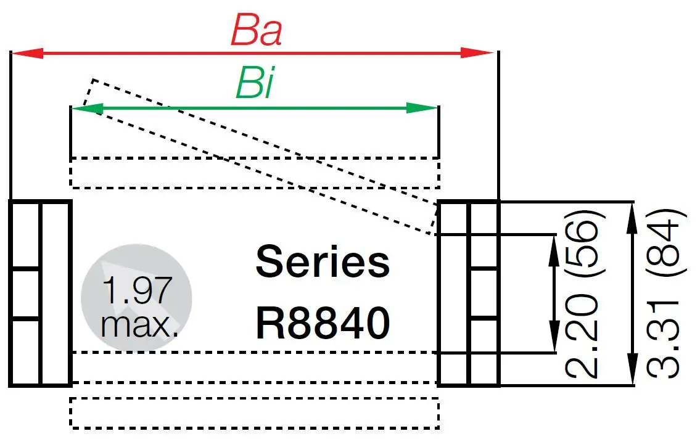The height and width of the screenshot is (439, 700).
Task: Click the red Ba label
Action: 256,31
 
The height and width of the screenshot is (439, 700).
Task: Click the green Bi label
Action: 253,87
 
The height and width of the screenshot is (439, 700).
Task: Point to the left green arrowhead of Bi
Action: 85,109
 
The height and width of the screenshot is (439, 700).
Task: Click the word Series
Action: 323,262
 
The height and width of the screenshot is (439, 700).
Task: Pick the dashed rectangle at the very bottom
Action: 255,412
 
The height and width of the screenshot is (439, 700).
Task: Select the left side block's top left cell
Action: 25,235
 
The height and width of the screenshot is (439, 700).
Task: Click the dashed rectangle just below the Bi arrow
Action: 255,173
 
